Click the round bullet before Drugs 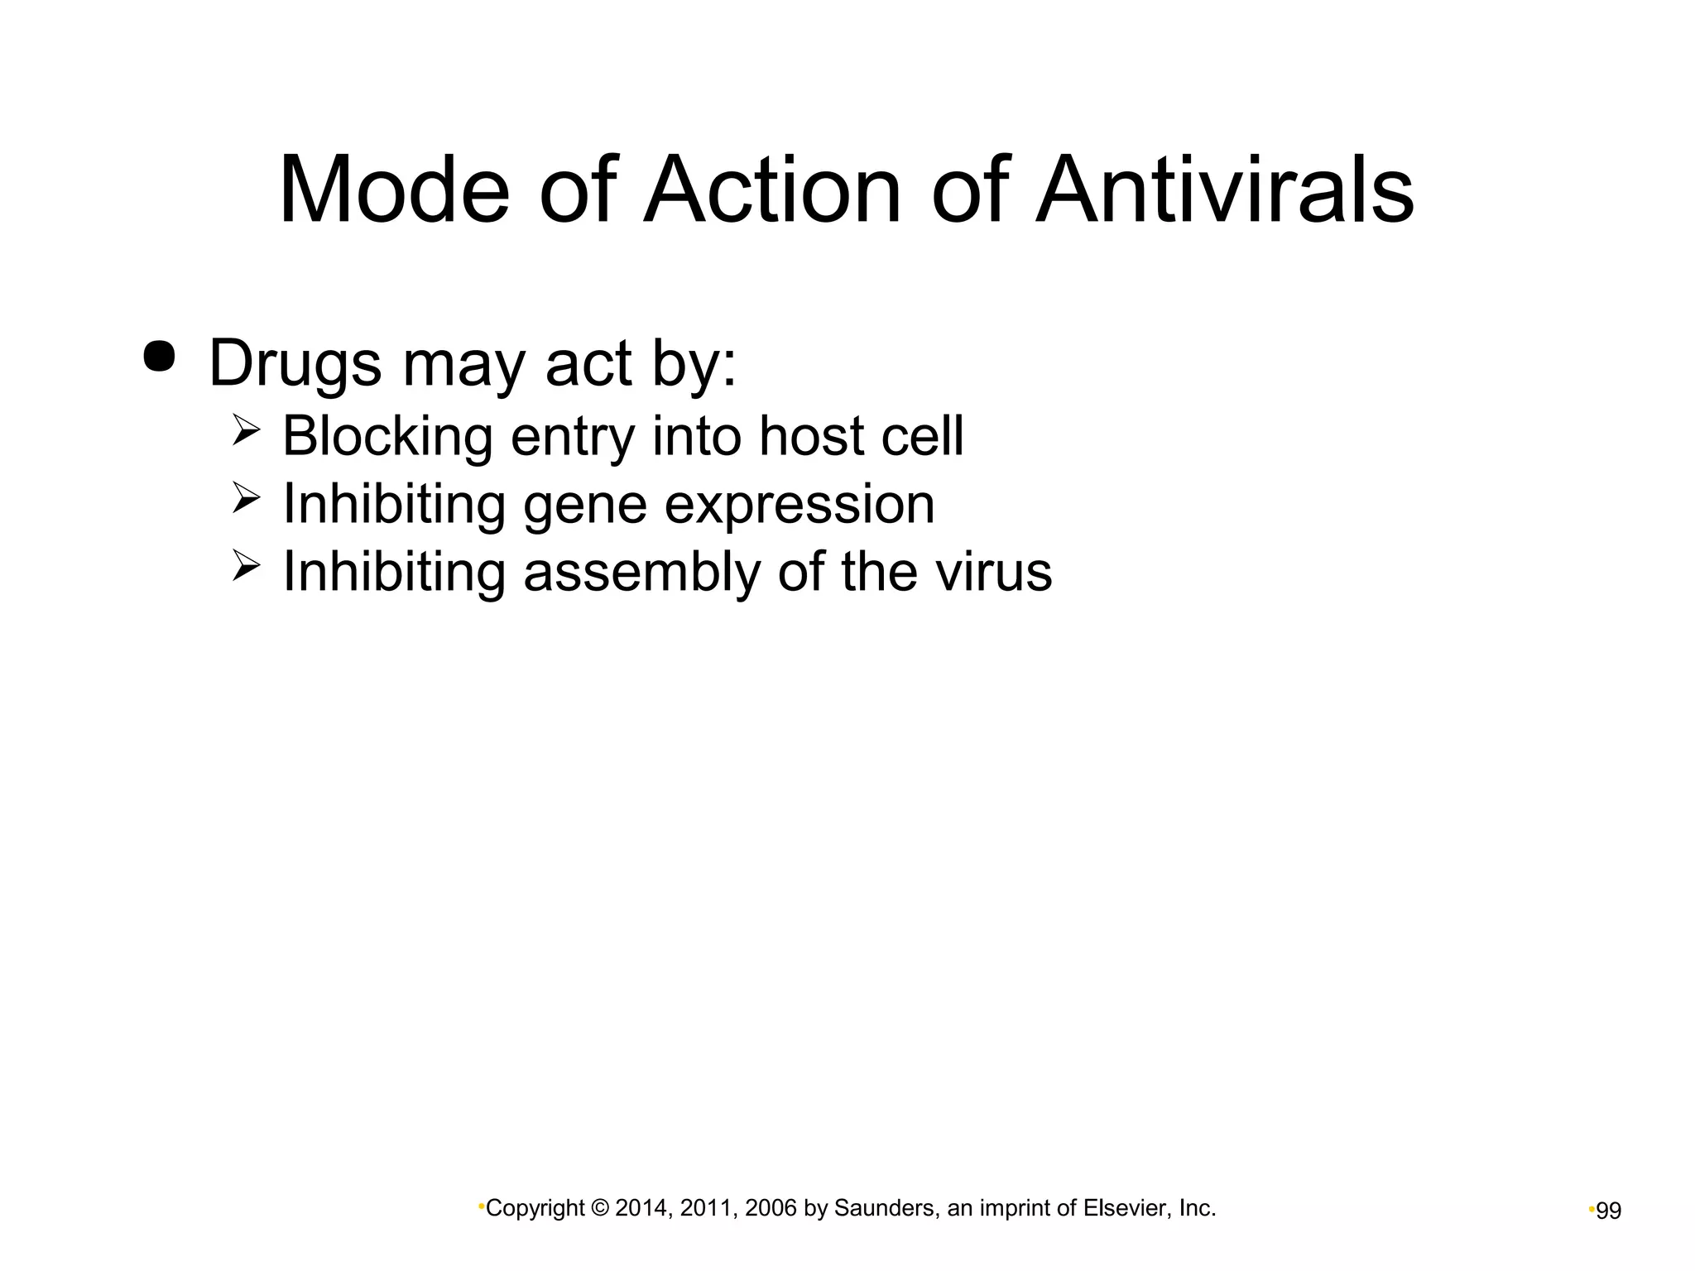coord(160,357)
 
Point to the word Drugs coord(295,364)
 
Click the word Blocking coord(387,436)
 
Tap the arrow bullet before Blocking coord(247,431)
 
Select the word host coord(811,436)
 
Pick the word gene coord(584,505)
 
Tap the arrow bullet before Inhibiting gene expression coord(247,499)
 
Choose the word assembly coord(641,572)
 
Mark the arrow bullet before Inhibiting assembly coord(247,567)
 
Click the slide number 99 coord(1608,1211)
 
